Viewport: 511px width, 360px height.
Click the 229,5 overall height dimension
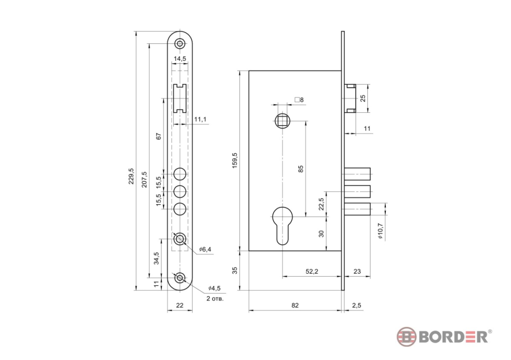(131, 176)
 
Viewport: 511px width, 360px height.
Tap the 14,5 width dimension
(180, 59)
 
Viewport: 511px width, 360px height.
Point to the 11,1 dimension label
(200, 119)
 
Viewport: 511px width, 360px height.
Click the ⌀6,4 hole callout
(205, 249)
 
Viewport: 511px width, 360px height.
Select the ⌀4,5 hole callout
(215, 289)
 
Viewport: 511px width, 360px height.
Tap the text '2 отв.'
(215, 298)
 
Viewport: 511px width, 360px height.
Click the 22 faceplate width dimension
(179, 305)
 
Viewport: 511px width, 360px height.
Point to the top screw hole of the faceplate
(179, 43)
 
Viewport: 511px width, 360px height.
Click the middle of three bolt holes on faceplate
(179, 191)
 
